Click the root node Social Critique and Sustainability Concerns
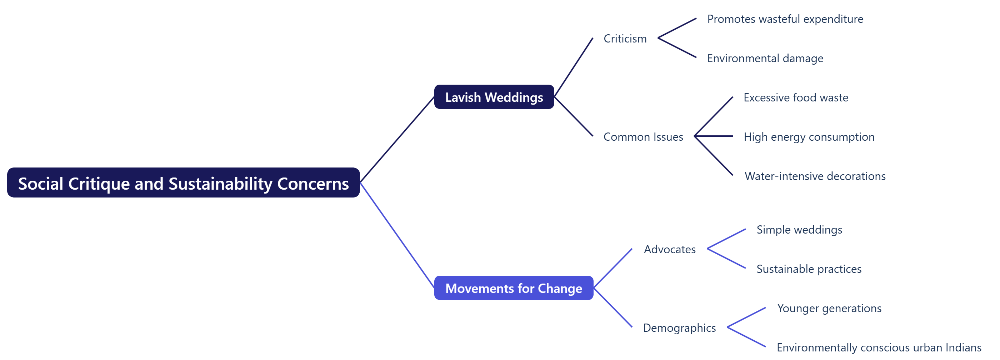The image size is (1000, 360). pos(183,182)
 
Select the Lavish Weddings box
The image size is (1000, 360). pos(494,97)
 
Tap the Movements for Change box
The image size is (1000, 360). pos(513,288)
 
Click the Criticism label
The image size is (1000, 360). pos(625,39)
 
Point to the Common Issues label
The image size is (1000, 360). pos(643,137)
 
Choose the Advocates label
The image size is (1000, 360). pos(669,249)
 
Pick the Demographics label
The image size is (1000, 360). pos(679,328)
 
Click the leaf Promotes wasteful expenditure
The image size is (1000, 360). pos(785,19)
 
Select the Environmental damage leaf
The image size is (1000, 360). pos(765,58)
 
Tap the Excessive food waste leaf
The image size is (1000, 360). pos(795,97)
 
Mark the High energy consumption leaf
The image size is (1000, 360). pos(809,137)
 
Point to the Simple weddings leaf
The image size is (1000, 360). pos(799,229)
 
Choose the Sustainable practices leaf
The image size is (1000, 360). pos(809,269)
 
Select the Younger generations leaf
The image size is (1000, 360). pos(829,308)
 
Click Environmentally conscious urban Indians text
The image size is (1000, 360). pos(879,347)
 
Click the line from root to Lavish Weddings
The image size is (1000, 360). pos(397,139)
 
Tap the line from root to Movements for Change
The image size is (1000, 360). pos(397,235)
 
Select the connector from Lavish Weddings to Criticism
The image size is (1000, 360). pos(573,67)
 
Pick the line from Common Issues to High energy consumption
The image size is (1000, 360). pos(714,136)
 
